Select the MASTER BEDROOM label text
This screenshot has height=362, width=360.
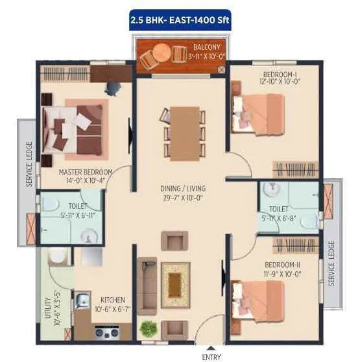coord(86,172)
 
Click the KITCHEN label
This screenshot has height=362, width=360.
coord(113,300)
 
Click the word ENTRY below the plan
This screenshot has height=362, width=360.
coord(211,356)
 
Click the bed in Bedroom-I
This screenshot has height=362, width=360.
coord(259,114)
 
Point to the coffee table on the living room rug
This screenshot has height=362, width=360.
coord(175,280)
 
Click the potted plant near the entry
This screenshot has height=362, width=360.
coord(148,328)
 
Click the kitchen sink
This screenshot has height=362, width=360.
coord(82,300)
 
